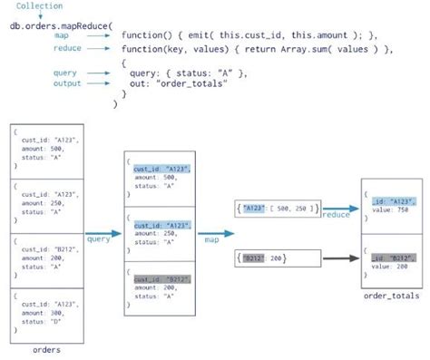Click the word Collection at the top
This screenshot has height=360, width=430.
pos(39,6)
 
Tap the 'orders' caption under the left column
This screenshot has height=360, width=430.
pos(45,350)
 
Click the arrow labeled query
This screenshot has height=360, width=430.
pos(99,238)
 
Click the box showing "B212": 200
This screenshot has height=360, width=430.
pos(263,258)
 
